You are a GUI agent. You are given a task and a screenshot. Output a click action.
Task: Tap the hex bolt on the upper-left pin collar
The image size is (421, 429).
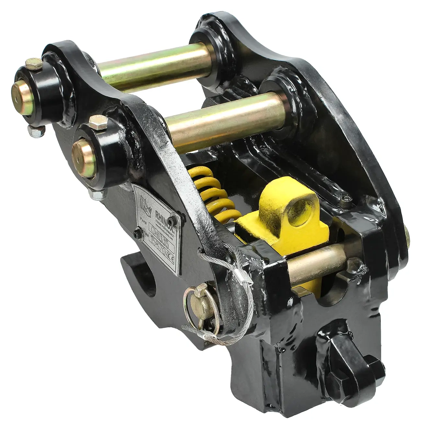pos(34,64)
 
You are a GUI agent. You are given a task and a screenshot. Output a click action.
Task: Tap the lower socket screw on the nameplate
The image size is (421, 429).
pos(137,232)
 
